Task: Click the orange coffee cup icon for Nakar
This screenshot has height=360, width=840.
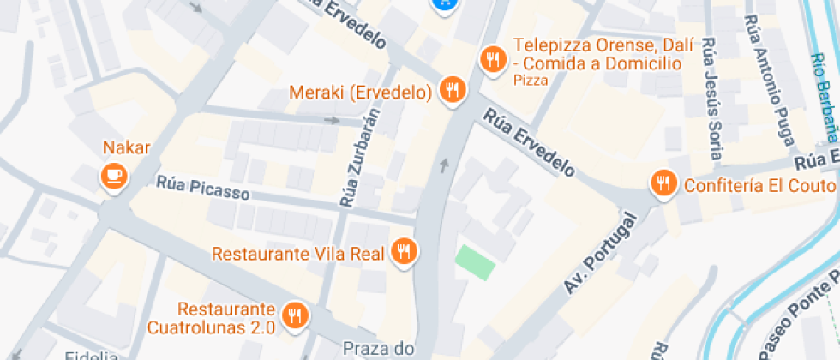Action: (x=113, y=177)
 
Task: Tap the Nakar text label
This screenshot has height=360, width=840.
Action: (x=126, y=147)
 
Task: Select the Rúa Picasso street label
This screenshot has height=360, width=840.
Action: (x=202, y=188)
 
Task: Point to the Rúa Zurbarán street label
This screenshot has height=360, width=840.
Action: (x=359, y=160)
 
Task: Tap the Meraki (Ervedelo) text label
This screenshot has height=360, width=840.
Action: (x=360, y=92)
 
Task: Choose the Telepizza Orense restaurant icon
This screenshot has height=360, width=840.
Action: (x=491, y=59)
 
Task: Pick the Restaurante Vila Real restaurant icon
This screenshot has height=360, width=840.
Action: (x=403, y=251)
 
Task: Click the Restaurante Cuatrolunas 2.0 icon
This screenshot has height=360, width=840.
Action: (x=295, y=315)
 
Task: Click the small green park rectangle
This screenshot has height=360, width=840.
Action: (x=475, y=261)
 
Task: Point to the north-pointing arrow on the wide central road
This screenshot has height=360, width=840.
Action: (x=443, y=164)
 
